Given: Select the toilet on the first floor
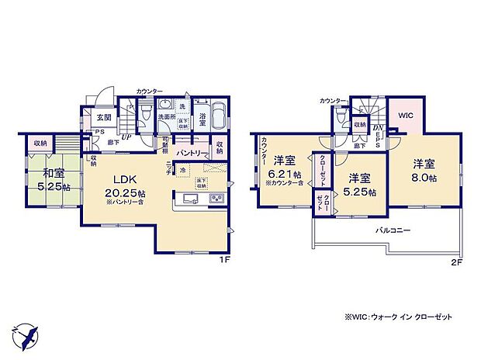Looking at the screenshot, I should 146,114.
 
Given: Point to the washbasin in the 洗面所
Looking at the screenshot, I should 165,106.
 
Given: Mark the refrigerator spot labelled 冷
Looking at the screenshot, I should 182,171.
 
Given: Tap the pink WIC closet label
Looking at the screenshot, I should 407,116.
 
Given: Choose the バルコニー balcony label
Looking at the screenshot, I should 396,230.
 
